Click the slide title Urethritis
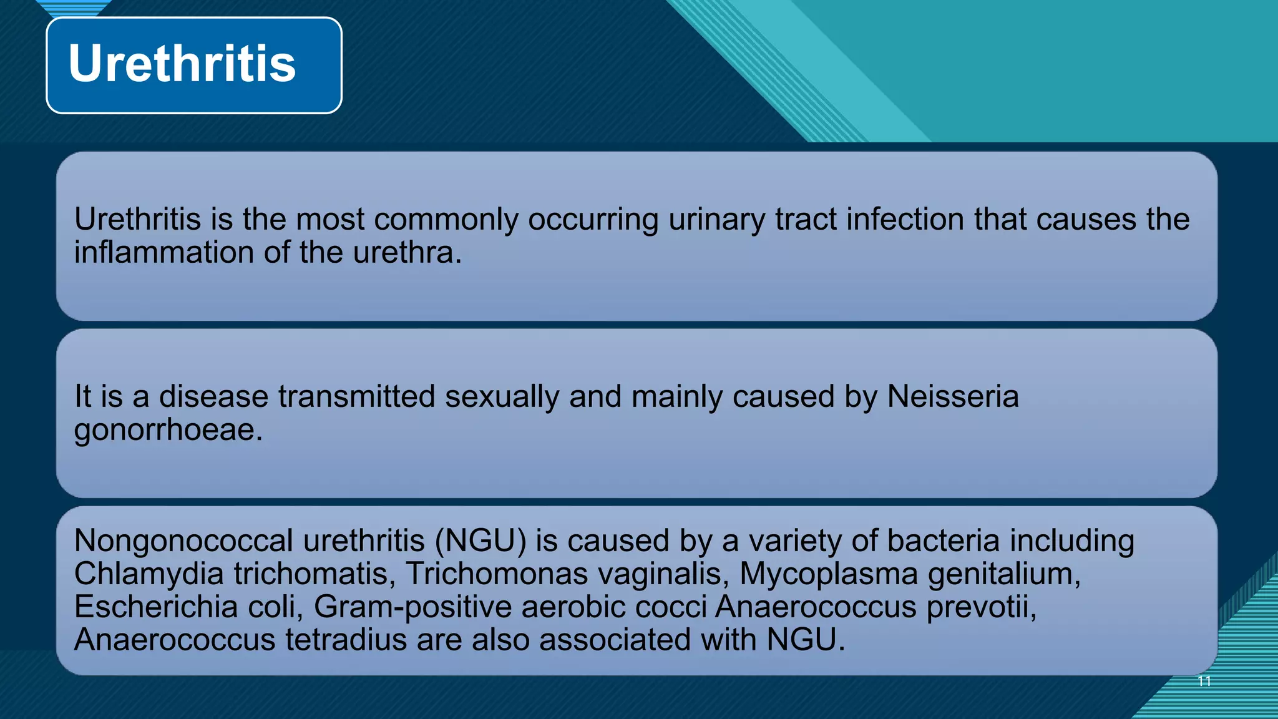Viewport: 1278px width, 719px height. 182,64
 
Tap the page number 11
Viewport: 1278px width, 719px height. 1204,681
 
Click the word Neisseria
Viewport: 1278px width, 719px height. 953,397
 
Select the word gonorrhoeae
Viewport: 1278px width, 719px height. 168,431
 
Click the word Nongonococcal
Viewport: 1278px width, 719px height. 183,541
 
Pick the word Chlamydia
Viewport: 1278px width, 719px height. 149,574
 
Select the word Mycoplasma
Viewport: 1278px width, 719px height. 829,574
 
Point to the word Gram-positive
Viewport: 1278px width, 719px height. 412,607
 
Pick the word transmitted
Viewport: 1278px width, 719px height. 356,397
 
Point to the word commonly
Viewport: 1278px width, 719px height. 446,220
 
